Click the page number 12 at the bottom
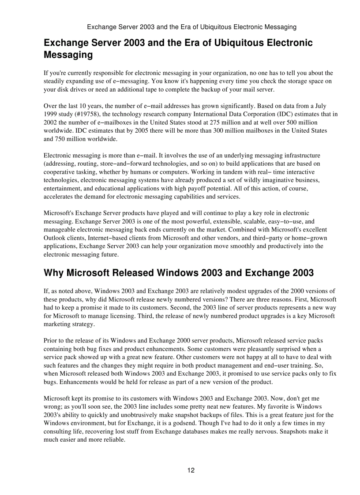click(x=191, y=470)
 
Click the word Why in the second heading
click(x=53, y=273)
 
